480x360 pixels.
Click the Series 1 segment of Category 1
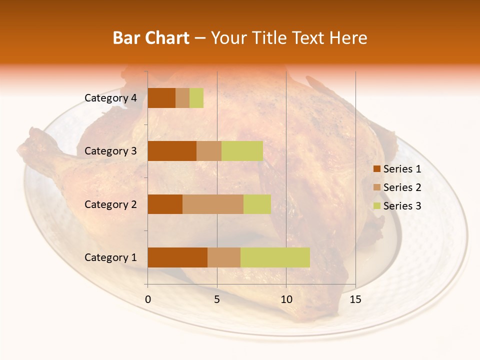tap(177, 257)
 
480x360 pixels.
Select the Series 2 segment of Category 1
tap(224, 257)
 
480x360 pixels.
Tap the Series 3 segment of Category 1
tap(275, 257)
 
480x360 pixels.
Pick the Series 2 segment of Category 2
tap(213, 204)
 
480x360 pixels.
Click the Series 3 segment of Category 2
tap(257, 204)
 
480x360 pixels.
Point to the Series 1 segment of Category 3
tap(172, 151)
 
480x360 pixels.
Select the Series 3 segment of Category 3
tap(242, 151)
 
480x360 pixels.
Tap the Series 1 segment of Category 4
tap(161, 98)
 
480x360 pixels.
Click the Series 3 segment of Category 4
tap(196, 98)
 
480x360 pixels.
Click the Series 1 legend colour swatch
tap(376, 169)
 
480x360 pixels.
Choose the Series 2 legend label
tap(402, 187)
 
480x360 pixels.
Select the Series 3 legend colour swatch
tap(376, 206)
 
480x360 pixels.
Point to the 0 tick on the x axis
tap(148, 299)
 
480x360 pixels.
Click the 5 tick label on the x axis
tap(217, 299)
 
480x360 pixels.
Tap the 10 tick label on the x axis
tap(286, 299)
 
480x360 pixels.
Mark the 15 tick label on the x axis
tap(355, 299)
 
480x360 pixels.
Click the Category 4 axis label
tap(110, 98)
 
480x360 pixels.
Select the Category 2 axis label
tap(110, 204)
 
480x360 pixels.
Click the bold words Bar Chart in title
tap(151, 38)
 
